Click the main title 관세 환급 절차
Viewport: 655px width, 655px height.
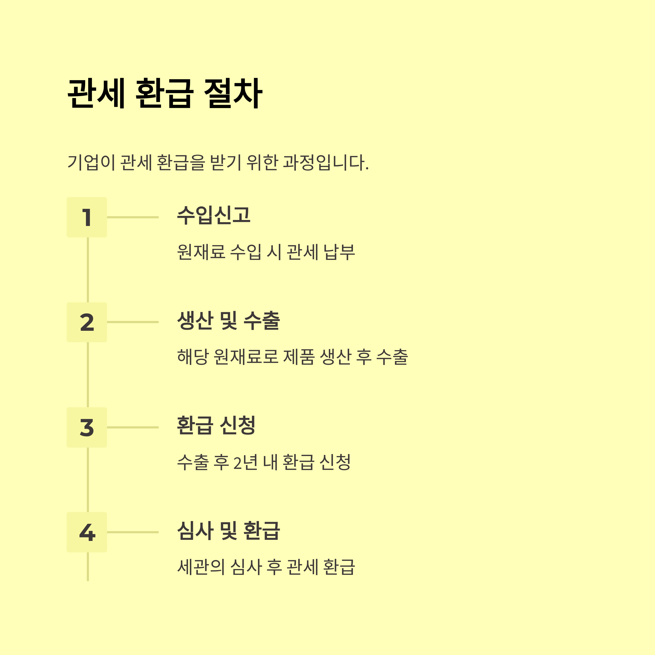[x=165, y=93]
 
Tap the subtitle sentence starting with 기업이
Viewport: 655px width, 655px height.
[x=218, y=162]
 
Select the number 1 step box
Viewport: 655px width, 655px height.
[x=87, y=217]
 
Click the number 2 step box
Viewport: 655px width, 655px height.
[x=87, y=322]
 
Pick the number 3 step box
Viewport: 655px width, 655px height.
[x=87, y=427]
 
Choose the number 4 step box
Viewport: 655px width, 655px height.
[x=87, y=532]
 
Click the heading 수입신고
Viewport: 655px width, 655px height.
[x=214, y=215]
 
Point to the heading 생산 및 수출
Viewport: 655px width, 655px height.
[x=228, y=320]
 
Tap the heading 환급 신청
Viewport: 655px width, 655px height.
[x=216, y=425]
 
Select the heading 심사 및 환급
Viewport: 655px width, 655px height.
[x=228, y=530]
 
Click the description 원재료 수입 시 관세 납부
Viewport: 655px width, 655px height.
[x=266, y=252]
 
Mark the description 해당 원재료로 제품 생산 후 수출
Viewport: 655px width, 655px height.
[x=292, y=357]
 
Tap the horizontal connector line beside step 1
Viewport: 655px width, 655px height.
[x=133, y=217]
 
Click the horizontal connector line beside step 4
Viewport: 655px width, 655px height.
[x=133, y=532]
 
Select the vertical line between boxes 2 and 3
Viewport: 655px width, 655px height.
[x=88, y=375]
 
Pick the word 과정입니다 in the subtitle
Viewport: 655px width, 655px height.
[x=325, y=162]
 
